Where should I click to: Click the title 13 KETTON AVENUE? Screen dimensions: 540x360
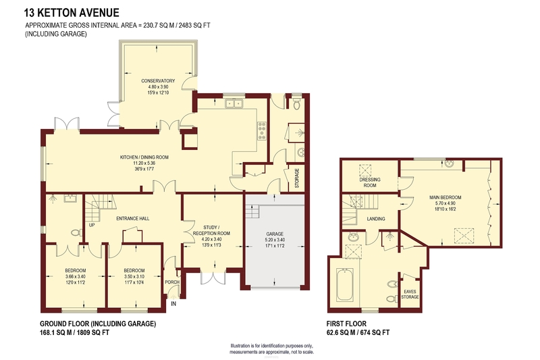click(x=72, y=13)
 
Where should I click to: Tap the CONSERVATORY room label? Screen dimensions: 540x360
click(x=158, y=81)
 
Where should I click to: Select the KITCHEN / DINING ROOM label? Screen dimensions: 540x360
click(x=144, y=157)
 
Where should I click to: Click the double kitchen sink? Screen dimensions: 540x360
click(x=234, y=103)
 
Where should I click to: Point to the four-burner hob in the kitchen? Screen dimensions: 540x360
click(x=262, y=131)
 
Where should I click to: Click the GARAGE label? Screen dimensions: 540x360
click(x=275, y=234)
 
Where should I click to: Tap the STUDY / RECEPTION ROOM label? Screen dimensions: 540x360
click(x=211, y=230)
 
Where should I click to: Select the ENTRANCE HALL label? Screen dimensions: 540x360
click(x=132, y=218)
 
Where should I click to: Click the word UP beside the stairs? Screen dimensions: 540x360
click(x=92, y=226)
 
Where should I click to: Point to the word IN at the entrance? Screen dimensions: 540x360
click(x=173, y=303)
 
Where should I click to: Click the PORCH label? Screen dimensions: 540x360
click(x=172, y=282)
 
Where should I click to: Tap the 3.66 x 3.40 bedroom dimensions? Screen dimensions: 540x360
click(x=76, y=276)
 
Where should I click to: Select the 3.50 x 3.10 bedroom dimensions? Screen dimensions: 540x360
click(x=134, y=276)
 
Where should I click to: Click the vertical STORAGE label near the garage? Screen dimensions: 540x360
click(x=297, y=178)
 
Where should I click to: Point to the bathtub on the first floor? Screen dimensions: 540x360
click(x=344, y=284)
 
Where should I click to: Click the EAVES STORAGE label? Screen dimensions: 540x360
click(x=410, y=294)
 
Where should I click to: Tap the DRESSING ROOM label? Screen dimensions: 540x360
click(x=370, y=182)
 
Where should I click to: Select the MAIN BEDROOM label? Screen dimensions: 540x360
click(x=445, y=197)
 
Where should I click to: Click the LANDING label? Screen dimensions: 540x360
click(x=376, y=219)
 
